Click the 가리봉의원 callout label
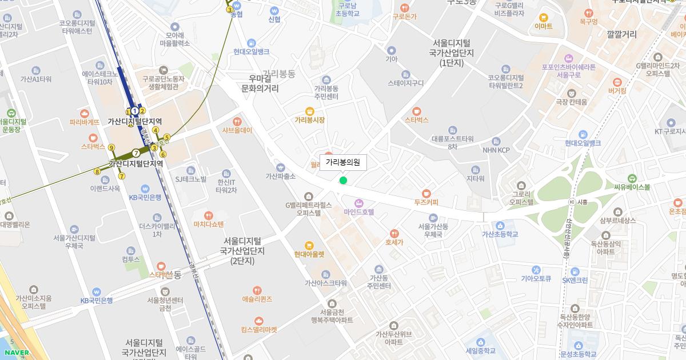(343, 163)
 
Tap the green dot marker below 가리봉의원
(343, 181)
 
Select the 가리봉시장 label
(310, 120)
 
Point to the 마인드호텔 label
(359, 211)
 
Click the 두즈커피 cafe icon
(426, 193)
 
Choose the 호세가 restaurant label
(394, 242)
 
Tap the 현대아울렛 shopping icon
(309, 246)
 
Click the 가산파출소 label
(280, 176)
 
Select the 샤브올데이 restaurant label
(237, 130)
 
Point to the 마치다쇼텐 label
(209, 224)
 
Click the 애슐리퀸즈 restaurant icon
(257, 290)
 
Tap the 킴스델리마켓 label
(259, 329)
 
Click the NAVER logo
(16, 353)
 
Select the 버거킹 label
(617, 90)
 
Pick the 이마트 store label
(543, 26)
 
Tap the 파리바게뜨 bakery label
(85, 122)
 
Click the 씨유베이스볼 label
(632, 186)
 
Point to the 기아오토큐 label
(536, 279)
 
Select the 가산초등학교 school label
(500, 234)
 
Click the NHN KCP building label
(496, 150)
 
